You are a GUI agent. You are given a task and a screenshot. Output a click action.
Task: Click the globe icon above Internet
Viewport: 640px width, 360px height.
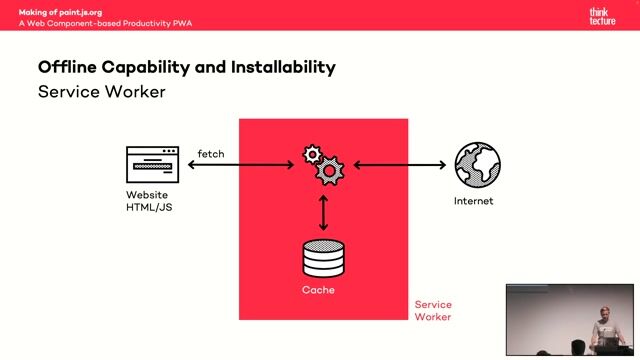click(477, 165)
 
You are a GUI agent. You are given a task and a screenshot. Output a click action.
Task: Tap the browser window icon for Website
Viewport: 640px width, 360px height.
click(152, 165)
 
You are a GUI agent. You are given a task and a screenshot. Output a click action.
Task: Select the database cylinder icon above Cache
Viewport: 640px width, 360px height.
click(323, 257)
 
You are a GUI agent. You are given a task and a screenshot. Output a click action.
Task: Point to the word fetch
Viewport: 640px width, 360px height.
click(211, 153)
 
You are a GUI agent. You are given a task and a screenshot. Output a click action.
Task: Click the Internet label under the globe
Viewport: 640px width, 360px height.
click(473, 201)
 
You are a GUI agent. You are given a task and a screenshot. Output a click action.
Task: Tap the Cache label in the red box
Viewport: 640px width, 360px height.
click(318, 290)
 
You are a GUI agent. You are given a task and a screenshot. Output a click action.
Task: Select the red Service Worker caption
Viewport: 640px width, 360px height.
click(433, 311)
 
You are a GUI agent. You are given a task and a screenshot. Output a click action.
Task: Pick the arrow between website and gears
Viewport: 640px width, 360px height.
click(240, 165)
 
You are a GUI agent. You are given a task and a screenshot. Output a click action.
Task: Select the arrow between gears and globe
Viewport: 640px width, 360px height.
click(397, 165)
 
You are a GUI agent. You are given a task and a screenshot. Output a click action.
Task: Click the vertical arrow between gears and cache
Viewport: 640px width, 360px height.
click(323, 212)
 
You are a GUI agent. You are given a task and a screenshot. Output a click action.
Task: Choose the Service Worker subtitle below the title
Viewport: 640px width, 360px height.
click(101, 92)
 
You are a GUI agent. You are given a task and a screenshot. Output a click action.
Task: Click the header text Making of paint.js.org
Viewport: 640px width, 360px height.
click(60, 11)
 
